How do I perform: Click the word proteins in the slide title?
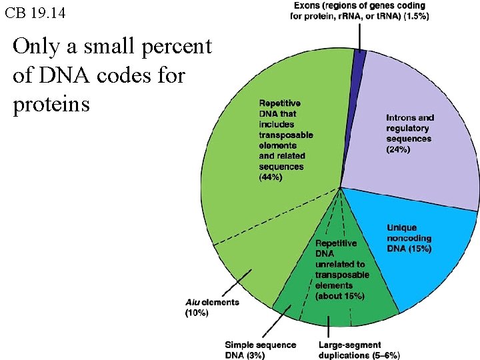click(51, 105)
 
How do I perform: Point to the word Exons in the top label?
click(308, 6)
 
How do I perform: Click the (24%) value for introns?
click(398, 149)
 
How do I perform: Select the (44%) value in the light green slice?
click(271, 177)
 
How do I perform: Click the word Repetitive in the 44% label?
click(279, 103)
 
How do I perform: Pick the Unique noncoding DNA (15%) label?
click(409, 238)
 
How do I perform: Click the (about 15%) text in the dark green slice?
click(339, 296)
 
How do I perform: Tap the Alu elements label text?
click(211, 303)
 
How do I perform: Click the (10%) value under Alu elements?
click(197, 313)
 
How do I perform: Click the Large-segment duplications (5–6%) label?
click(359, 350)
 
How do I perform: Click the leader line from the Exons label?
click(361, 37)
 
